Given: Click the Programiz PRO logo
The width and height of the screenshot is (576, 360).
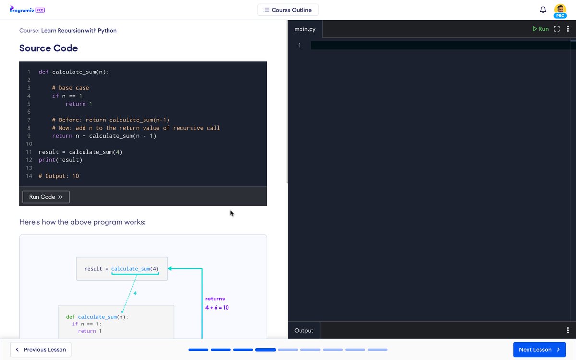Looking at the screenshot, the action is coord(27,10).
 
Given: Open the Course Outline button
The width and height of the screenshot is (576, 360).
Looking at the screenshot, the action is coord(288,10).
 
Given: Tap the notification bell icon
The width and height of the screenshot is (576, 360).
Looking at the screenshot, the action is coord(543,10).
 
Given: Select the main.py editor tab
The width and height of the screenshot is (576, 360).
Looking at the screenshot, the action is coord(305,29).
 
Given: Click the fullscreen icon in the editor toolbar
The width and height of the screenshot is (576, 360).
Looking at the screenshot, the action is coord(557,29).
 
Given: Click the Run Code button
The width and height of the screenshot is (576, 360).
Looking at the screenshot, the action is coord(46,197).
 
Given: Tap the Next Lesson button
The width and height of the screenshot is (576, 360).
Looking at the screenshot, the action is coord(539,349).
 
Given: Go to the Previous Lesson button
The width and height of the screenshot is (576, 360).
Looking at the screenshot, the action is coord(41,349).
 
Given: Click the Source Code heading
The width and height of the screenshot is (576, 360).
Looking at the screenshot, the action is coord(48,48).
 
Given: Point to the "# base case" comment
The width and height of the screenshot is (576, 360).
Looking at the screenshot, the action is coord(71,88).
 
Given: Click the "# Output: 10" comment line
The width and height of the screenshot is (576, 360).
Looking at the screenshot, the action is coord(59,176).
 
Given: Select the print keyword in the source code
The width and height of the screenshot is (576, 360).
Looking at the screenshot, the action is coord(47,160).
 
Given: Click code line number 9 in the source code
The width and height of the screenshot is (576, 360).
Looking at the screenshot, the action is coord(29,136).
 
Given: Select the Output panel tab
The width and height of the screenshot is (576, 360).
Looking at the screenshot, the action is coord(304,330).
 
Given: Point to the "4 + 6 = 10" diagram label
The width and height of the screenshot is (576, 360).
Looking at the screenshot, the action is coord(217,308).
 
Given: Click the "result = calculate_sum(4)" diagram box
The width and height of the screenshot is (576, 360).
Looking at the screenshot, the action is coord(121,269).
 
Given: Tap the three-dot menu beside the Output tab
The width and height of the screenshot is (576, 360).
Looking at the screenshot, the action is coord(568,330).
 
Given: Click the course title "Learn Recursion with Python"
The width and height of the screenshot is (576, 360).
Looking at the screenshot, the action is coord(79,30).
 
